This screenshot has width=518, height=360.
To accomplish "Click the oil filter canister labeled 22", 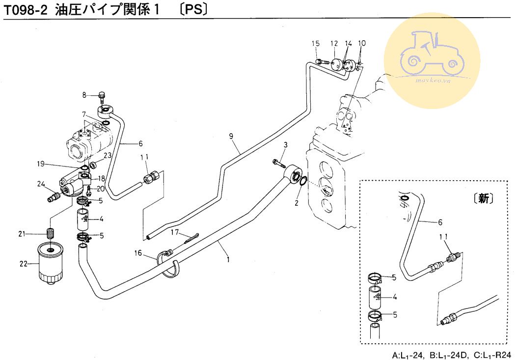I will click(x=52, y=264).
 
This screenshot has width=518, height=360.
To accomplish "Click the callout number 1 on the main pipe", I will click(x=228, y=257).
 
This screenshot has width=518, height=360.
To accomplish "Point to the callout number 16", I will click(x=138, y=253).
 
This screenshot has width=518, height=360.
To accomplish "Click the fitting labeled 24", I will click(x=52, y=196).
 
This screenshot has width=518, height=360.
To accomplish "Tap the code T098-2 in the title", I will click(x=26, y=9).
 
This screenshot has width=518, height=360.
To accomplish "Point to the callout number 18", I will click(x=103, y=179).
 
